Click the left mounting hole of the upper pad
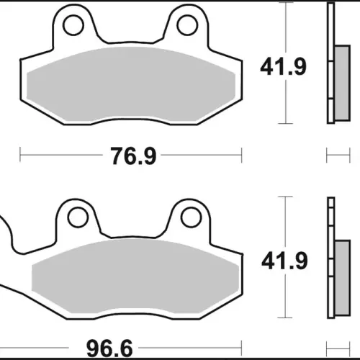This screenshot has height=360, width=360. coord(73,25)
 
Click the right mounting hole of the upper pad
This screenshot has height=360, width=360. coord(187,25)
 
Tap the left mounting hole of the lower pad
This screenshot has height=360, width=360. coord(78,217)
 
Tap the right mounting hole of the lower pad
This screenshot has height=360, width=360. coord(192,217)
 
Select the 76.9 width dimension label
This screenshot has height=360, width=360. coord(133,156)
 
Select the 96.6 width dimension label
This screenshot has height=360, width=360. coord(109,348)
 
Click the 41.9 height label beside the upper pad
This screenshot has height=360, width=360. coord(284,66)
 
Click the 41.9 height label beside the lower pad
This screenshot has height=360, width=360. coord(284,261)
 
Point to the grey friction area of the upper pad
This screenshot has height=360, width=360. coord(131,86)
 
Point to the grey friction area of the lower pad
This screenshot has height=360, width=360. coord(135,279)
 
